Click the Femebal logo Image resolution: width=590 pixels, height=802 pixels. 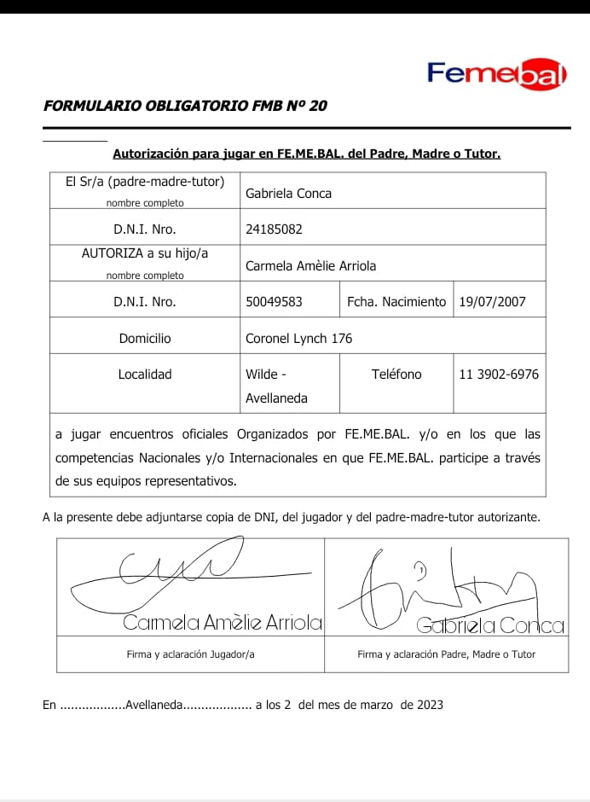pos(497,73)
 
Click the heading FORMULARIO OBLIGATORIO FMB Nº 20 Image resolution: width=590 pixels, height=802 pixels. pos(185,107)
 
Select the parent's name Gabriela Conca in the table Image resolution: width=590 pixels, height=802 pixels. pos(288,194)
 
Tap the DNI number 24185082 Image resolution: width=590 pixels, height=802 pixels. pos(274,230)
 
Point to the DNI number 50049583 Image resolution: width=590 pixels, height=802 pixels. pos(274,301)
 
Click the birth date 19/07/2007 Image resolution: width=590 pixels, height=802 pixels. pos(492,301)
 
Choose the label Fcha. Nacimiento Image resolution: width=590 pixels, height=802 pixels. pos(396,301)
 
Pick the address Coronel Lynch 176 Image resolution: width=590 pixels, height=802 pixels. pos(298,339)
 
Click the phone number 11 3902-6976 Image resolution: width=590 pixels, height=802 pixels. pos(499,375)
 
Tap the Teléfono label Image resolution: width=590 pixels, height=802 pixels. pos(396,375)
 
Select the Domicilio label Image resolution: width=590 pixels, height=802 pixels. pos(145,339)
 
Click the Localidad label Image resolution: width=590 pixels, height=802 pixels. pos(145,375)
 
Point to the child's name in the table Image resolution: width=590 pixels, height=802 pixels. pos(310,265)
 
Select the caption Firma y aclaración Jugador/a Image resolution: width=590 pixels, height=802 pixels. pos(185,654)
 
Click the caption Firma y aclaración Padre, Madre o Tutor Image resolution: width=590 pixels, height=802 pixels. pos(446,654)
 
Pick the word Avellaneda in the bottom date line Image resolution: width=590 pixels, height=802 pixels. pos(153,706)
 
